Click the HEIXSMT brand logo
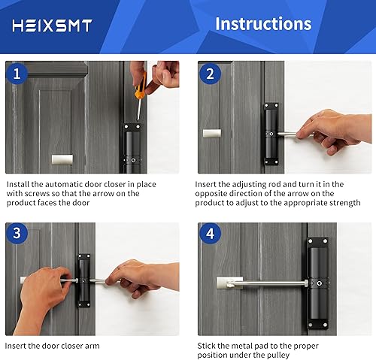tap(52, 26)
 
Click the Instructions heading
tap(263, 24)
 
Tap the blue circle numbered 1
tap(17, 74)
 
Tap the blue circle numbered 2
tap(210, 74)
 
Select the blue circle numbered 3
tap(17, 233)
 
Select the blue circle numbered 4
tap(210, 234)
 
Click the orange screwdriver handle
tap(141, 86)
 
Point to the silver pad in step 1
tap(62, 159)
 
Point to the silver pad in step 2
tap(212, 133)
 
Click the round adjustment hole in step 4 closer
tap(320, 283)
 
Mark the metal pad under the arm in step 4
tap(229, 283)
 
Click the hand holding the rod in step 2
tap(333, 131)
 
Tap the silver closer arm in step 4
tap(268, 283)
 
